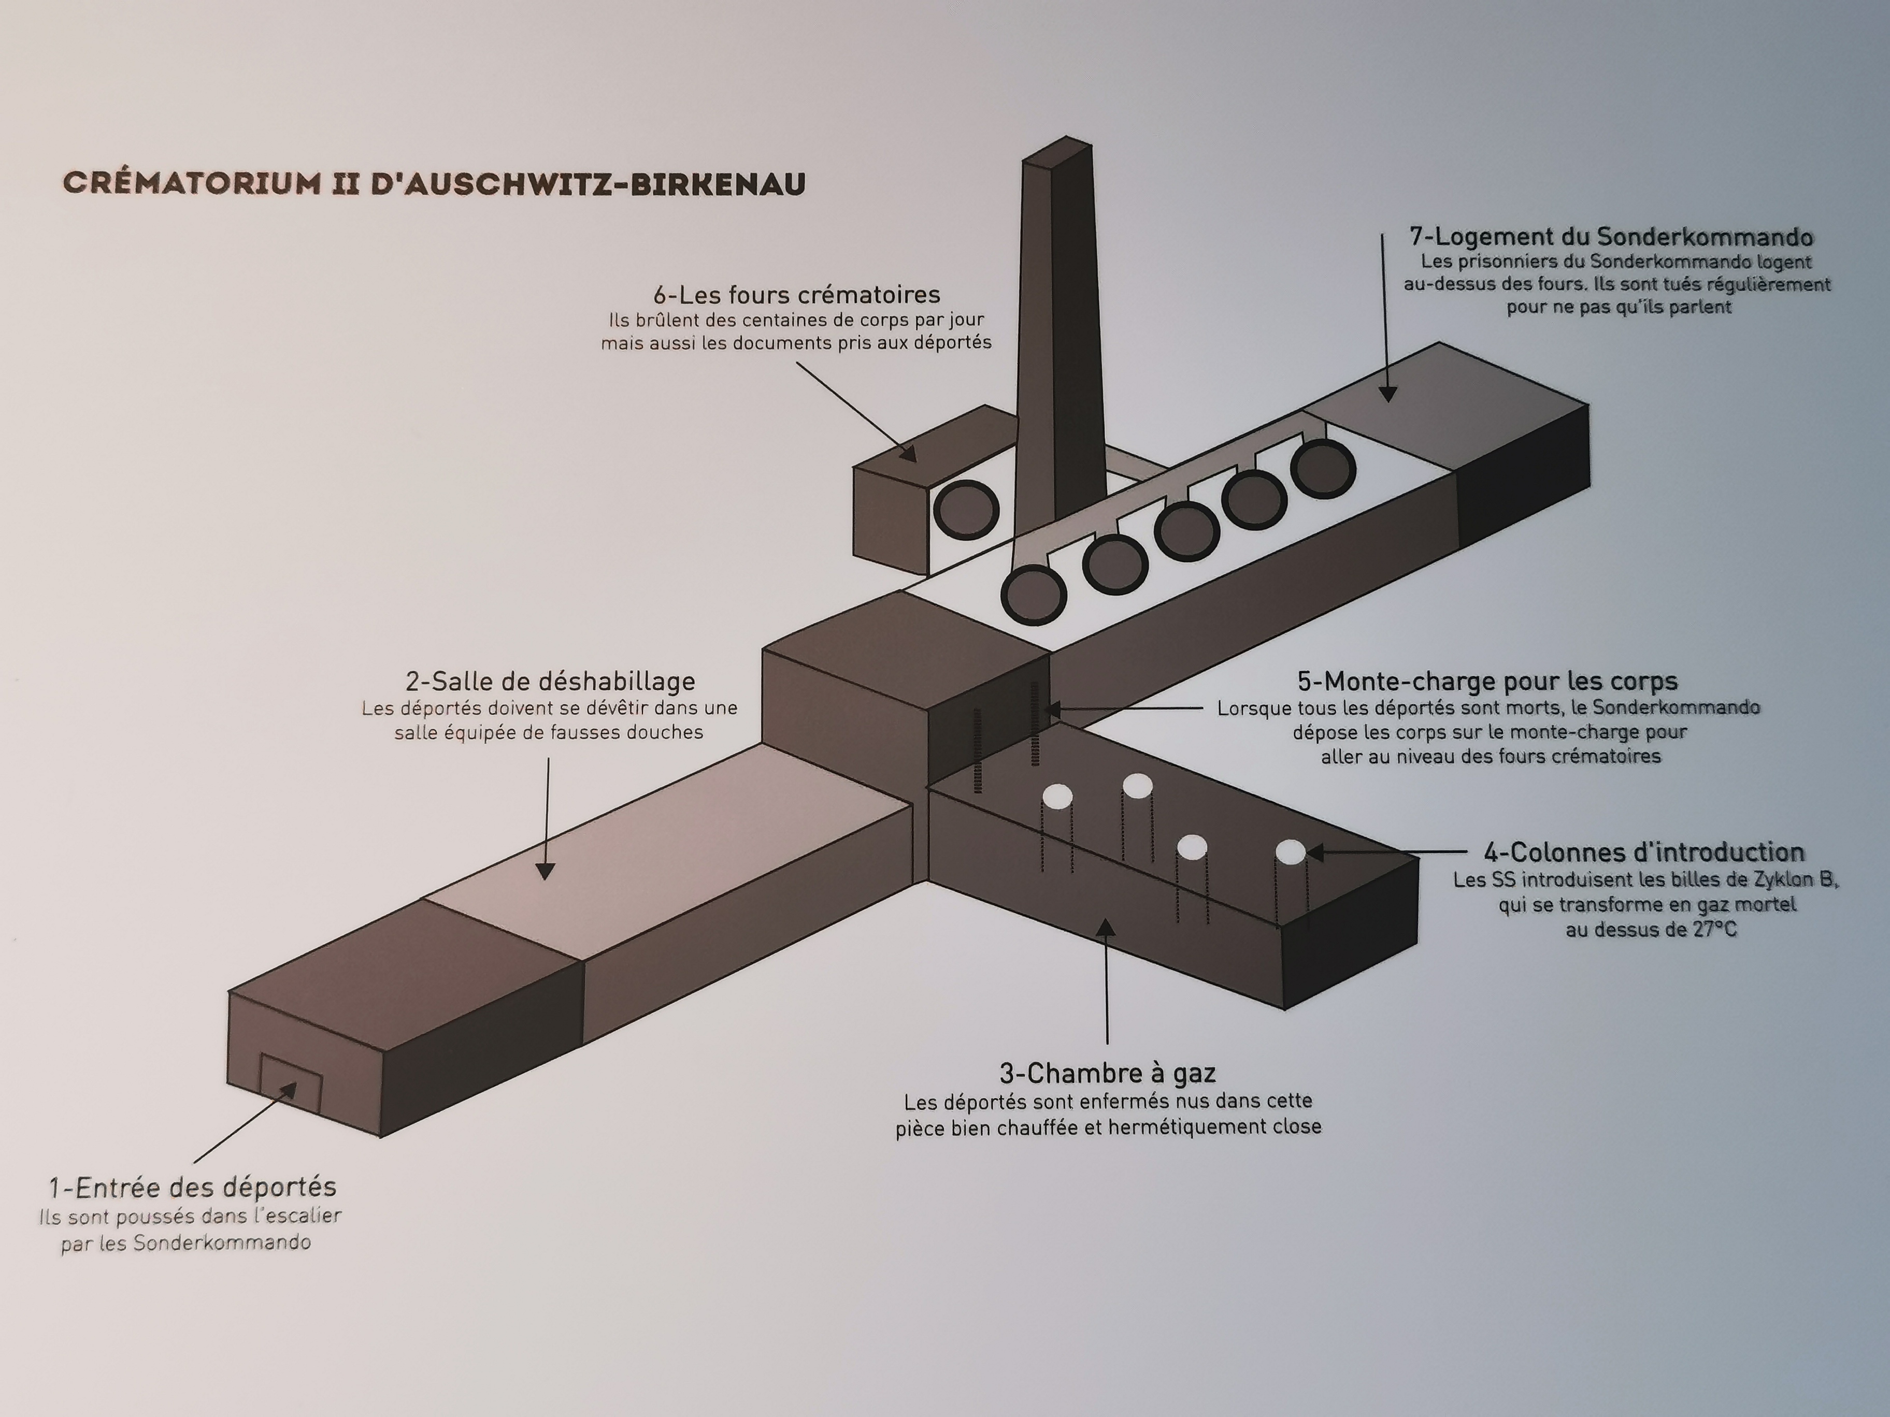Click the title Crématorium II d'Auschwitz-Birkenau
coord(435,184)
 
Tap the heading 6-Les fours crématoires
coord(796,295)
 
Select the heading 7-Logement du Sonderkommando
coord(1611,237)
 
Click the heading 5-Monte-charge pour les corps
coord(1487,681)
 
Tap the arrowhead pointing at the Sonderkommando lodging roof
coord(1387,393)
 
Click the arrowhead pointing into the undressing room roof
coord(545,871)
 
